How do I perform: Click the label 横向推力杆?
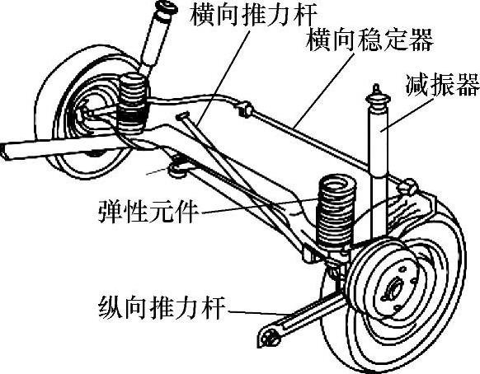point(253,15)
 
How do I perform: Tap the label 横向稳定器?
point(369,40)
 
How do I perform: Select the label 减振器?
point(442,85)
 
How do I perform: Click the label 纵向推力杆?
point(162,307)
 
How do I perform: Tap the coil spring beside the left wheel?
point(133,103)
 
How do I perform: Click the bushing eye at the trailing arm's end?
point(269,336)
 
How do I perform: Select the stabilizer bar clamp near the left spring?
point(246,110)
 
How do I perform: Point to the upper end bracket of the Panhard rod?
point(183,116)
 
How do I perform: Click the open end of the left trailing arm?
point(4,152)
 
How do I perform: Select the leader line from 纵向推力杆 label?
point(258,313)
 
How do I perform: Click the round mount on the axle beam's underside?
point(178,169)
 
